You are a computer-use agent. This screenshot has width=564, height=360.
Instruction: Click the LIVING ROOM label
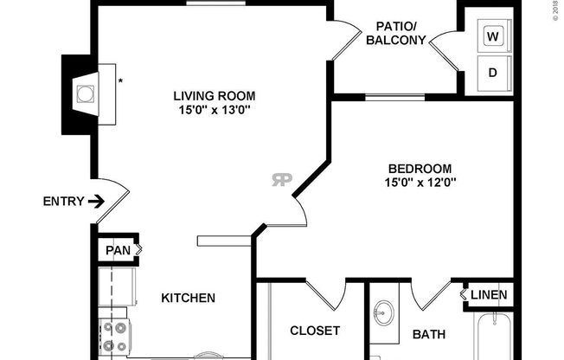click(x=215, y=95)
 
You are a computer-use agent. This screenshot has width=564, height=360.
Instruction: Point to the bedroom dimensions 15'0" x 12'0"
click(x=420, y=182)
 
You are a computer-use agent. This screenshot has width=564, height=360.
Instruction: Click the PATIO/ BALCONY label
click(x=394, y=33)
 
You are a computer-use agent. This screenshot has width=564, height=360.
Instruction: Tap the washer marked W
click(x=493, y=37)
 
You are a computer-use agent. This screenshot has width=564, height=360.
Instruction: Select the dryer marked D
click(x=493, y=73)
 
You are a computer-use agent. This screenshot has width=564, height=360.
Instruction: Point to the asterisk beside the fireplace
click(x=120, y=82)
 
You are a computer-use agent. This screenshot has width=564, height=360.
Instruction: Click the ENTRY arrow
click(x=96, y=202)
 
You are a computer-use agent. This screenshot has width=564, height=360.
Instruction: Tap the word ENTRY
click(x=63, y=202)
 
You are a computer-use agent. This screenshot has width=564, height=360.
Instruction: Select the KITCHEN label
click(x=188, y=298)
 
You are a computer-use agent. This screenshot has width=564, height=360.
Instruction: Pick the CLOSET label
click(x=314, y=331)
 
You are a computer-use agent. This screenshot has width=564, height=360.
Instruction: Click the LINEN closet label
click(x=489, y=295)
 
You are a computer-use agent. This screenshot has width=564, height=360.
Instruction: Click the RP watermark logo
click(x=282, y=180)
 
